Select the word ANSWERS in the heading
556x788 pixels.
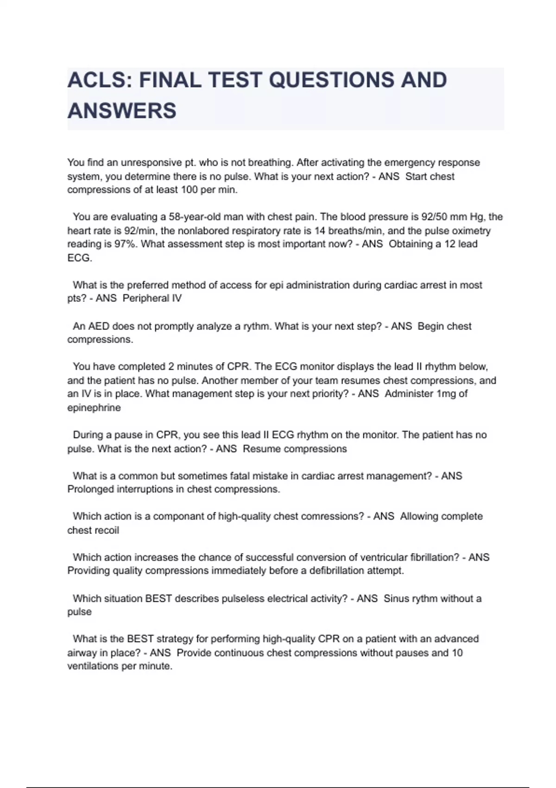[x=122, y=111]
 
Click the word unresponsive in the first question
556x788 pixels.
[x=145, y=163]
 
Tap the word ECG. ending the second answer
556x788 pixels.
[x=80, y=258]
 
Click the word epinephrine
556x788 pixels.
[x=94, y=408]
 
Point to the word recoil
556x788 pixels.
[x=107, y=530]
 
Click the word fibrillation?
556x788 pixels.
[x=430, y=557]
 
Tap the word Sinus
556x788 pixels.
[x=395, y=598]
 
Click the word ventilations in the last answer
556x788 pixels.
[x=93, y=666]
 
